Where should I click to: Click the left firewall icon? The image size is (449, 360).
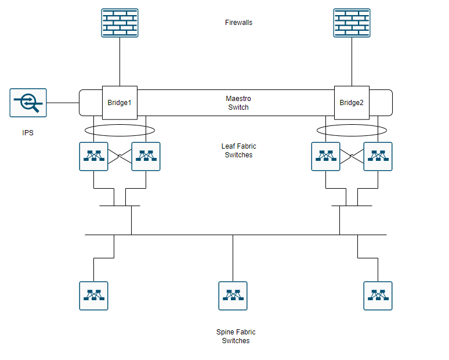click(120, 23)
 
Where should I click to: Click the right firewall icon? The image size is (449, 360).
click(352, 23)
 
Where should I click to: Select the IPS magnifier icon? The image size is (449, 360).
click(28, 103)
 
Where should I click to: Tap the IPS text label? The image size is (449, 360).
click(28, 133)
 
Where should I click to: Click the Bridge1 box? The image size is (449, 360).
click(120, 103)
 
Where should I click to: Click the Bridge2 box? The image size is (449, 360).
click(352, 103)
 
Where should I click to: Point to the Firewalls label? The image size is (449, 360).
click(238, 23)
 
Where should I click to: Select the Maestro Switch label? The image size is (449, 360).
click(238, 103)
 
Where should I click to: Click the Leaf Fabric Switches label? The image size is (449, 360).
click(238, 151)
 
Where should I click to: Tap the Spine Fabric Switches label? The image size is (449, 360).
click(236, 336)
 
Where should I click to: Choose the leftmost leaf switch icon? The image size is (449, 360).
click(93, 156)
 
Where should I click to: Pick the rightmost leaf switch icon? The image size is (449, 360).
click(378, 156)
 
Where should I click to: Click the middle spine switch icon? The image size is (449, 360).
click(233, 296)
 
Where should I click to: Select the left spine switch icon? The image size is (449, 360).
click(93, 296)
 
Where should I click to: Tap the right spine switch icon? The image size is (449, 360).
click(378, 296)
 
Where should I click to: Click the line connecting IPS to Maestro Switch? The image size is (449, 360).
click(63, 103)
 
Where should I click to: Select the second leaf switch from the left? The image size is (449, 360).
click(146, 156)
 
